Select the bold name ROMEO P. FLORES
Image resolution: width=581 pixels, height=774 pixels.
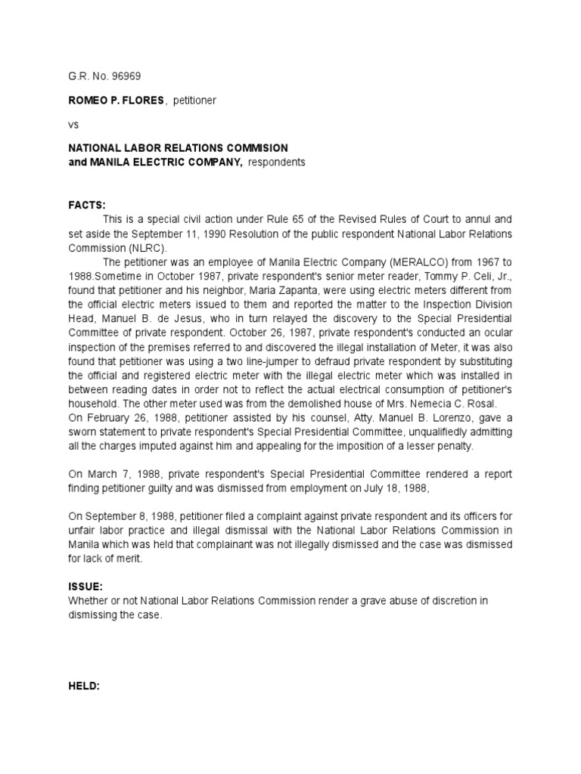(113, 100)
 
